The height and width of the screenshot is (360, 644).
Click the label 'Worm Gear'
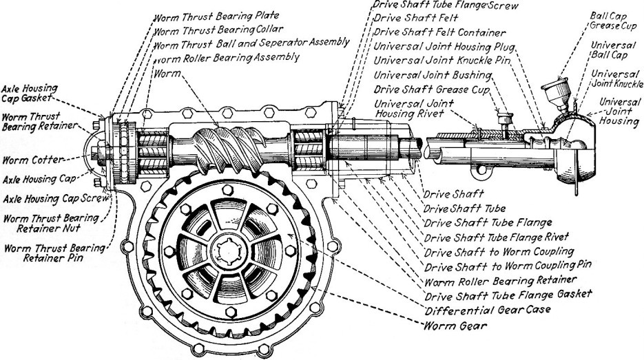(450, 325)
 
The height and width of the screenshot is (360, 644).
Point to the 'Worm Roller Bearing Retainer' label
(490, 281)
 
